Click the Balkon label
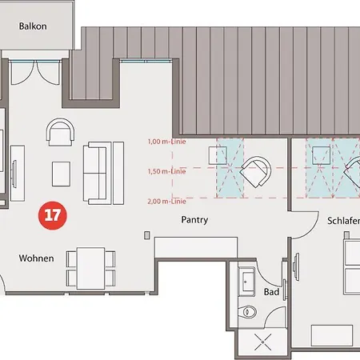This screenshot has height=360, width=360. (34, 26)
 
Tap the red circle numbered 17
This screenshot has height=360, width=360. (54, 215)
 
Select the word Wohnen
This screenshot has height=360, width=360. (37, 258)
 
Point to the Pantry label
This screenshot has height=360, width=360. (194, 218)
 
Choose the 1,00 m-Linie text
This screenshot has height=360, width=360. (166, 142)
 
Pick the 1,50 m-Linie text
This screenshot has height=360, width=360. (166, 171)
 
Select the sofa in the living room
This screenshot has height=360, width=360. (105, 171)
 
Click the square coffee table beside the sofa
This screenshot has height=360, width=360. (62, 173)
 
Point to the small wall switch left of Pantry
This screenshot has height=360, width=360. (146, 235)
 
